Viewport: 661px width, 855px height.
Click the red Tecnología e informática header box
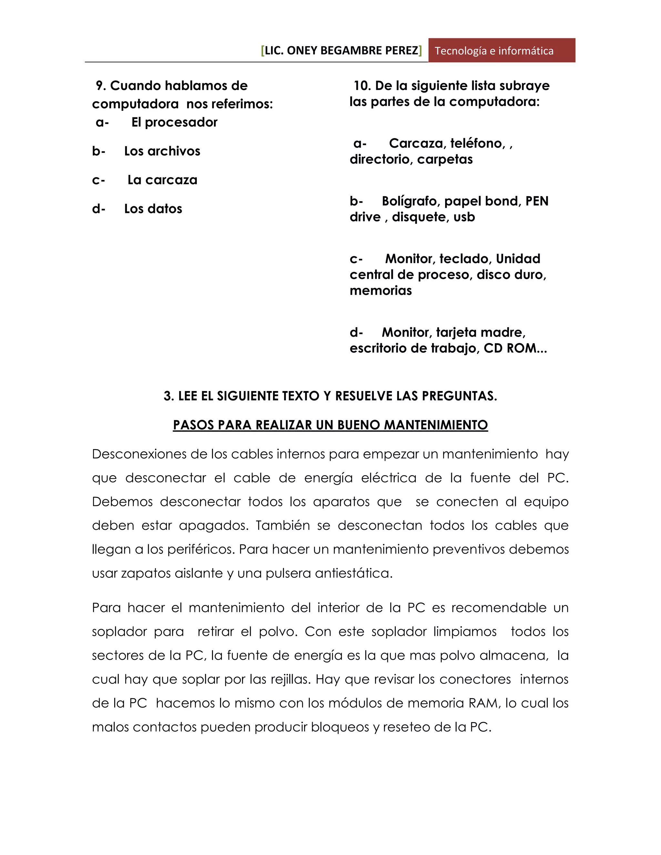point(501,51)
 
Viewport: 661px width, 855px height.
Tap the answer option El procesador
point(174,123)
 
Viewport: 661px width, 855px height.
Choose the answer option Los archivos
point(162,151)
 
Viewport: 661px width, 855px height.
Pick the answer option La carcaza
point(162,180)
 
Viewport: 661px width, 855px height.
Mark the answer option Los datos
point(153,209)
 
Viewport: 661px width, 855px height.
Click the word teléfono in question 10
point(477,143)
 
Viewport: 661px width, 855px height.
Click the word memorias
point(381,290)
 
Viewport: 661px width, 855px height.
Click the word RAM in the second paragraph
point(484,703)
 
